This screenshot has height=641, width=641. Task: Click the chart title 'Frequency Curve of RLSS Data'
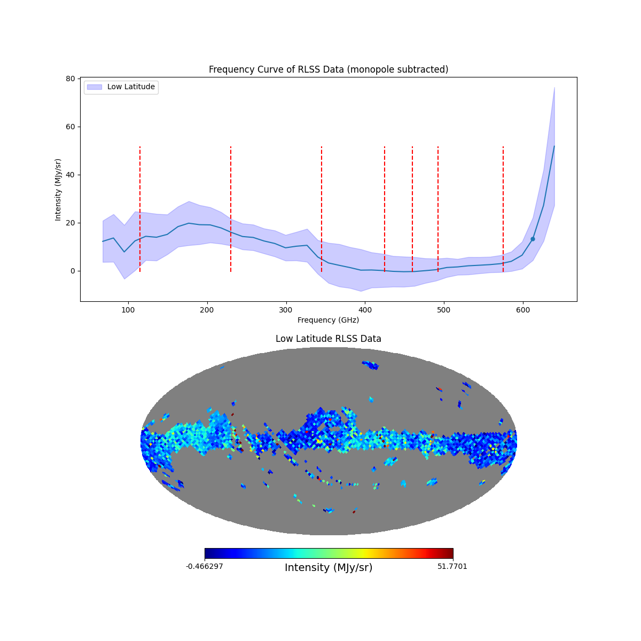[x=328, y=69]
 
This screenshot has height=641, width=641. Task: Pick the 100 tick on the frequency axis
[x=128, y=302]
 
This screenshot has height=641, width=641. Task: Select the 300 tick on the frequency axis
[x=286, y=302]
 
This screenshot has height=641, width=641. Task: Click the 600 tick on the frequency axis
[x=523, y=302]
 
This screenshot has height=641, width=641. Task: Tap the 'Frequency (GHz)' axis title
[x=328, y=320]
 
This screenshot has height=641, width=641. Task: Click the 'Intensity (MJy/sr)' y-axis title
[x=58, y=190]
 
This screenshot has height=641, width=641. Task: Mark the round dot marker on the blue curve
[x=533, y=239]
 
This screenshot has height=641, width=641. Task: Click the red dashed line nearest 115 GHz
[x=140, y=208]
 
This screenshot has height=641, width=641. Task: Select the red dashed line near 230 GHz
[x=231, y=208]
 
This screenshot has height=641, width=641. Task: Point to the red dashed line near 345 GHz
[x=322, y=208]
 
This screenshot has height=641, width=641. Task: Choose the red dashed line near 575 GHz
[x=503, y=208]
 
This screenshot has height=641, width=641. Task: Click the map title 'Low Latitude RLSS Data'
[x=328, y=339]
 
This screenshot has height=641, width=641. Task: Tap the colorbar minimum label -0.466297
[x=204, y=566]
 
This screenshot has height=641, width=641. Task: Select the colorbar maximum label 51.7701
[x=452, y=566]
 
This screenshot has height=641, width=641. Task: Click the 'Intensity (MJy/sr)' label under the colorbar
[x=328, y=568]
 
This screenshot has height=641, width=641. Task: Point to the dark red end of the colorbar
[x=450, y=553]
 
